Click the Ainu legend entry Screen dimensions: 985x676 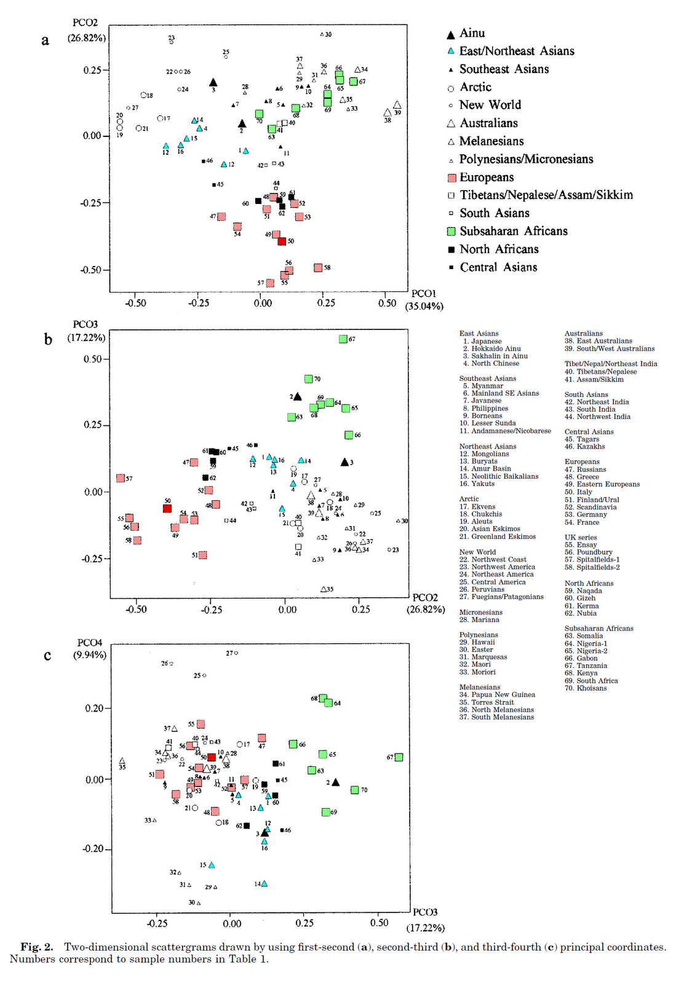(472, 33)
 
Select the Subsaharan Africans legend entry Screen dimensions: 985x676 (513, 231)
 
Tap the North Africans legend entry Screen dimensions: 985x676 (499, 249)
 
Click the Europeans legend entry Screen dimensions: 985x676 (486, 177)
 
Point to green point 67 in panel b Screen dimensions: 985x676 (343, 339)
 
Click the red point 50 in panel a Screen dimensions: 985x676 (282, 241)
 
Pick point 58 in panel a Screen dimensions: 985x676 (318, 267)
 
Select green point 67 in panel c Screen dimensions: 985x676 (399, 757)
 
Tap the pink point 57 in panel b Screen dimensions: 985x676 (121, 478)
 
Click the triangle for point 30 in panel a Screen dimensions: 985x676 (322, 34)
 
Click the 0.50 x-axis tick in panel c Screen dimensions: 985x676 (380, 923)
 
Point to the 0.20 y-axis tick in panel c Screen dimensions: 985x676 (94, 708)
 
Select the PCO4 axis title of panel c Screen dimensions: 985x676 (90, 643)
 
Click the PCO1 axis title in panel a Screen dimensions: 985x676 (423, 294)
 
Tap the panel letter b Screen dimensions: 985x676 (48, 339)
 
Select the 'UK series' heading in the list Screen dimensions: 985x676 (581, 537)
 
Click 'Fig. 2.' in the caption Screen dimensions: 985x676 (37, 947)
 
